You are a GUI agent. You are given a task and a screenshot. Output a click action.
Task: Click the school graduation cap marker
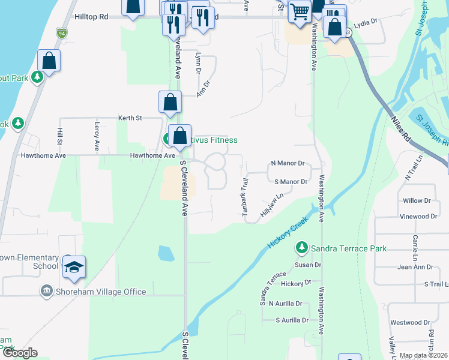tap(74, 266)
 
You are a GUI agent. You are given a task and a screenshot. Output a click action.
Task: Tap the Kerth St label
tap(130, 118)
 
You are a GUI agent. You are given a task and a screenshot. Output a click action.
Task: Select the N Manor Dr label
tap(288, 163)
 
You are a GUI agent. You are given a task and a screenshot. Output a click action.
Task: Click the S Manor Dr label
tap(291, 181)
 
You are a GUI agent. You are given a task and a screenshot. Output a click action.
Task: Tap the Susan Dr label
tap(309, 265)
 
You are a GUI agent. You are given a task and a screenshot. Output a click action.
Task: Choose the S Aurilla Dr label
tap(292, 320)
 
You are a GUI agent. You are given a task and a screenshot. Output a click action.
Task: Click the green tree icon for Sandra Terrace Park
tap(302, 247)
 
